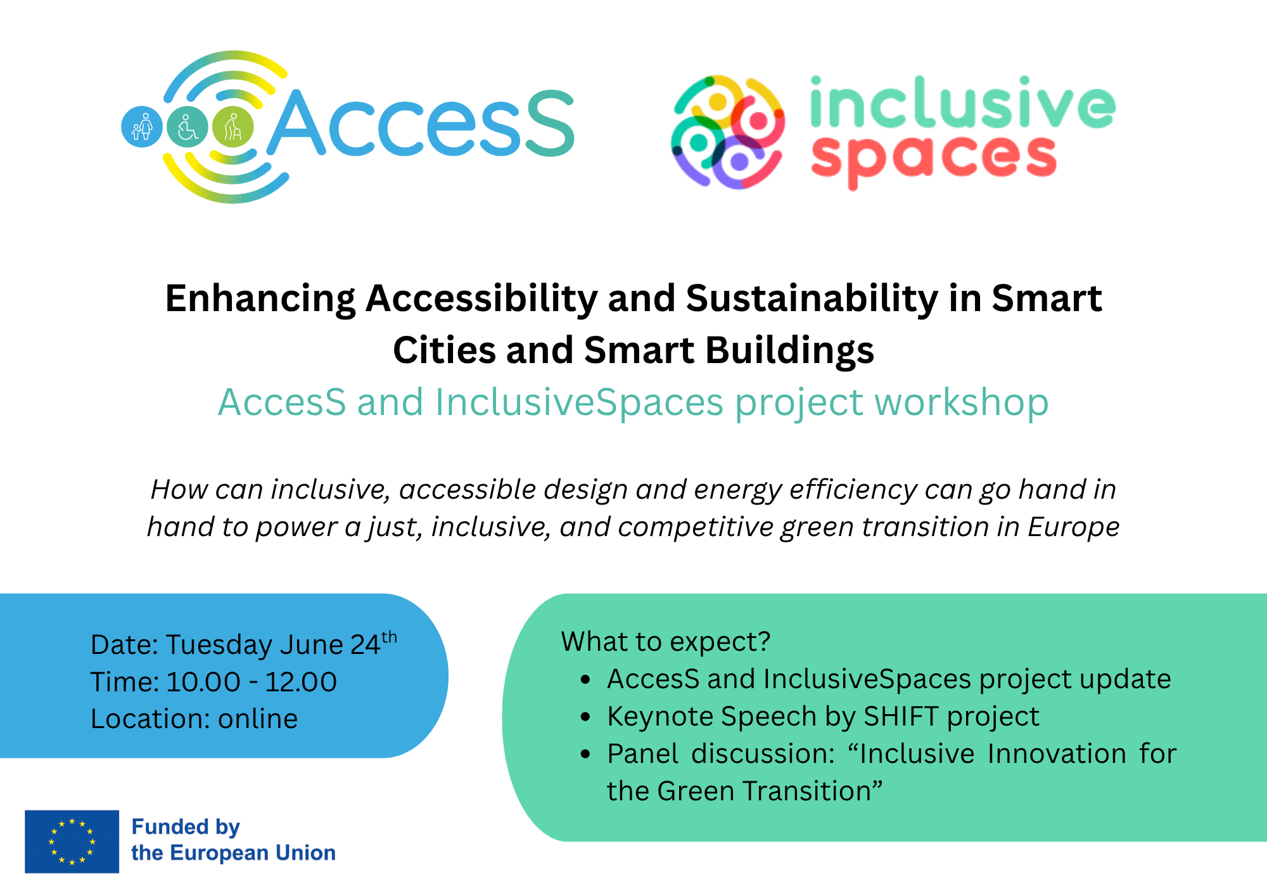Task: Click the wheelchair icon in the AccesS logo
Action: tap(188, 127)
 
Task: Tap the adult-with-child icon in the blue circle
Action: tap(142, 127)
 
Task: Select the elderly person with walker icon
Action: tap(233, 127)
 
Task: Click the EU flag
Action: tap(72, 842)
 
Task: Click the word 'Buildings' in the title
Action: tap(789, 350)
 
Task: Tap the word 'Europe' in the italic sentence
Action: tap(1073, 527)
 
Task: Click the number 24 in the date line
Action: tap(365, 645)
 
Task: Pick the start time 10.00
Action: tap(203, 682)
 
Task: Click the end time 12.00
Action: tap(300, 682)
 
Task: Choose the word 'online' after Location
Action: tap(258, 719)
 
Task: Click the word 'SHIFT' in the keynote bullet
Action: tap(901, 717)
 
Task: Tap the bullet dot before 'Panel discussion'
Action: tap(585, 755)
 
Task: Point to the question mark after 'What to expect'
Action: tap(764, 641)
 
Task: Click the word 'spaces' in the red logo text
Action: tap(934, 159)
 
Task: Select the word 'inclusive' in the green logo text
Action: tap(962, 103)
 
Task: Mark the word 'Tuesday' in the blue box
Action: tap(219, 645)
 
